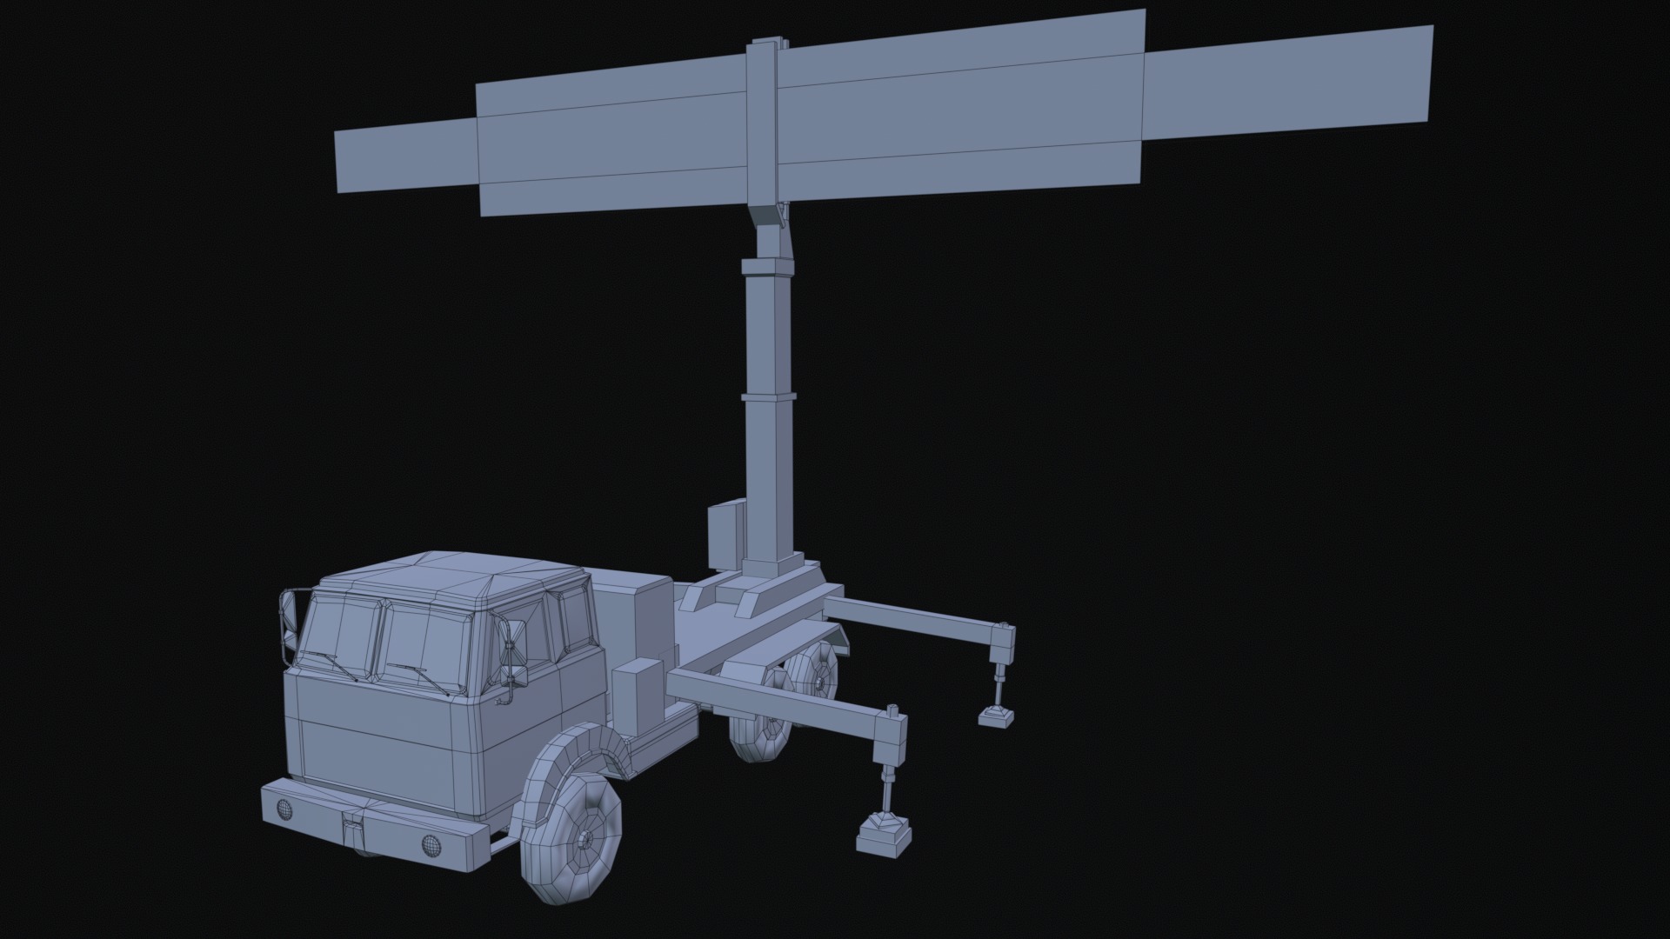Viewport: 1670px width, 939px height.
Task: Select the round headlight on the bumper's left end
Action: [x=284, y=810]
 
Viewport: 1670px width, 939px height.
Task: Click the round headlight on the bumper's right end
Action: [x=429, y=843]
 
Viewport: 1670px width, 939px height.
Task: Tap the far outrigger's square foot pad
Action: [x=996, y=716]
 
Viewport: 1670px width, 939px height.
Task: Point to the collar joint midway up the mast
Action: [x=769, y=396]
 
